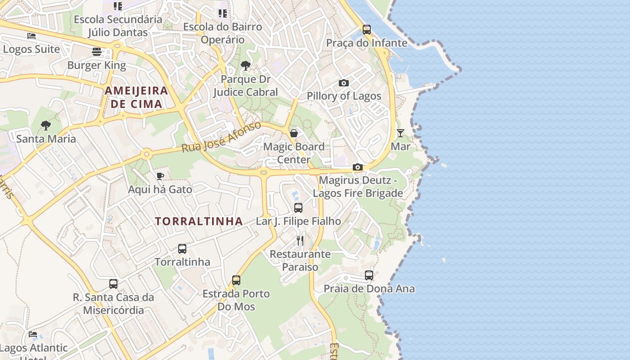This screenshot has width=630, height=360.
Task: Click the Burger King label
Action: pos(96,65)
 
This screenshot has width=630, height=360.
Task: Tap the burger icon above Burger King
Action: pos(96,52)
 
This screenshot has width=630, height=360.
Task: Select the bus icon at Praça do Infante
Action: pos(367,30)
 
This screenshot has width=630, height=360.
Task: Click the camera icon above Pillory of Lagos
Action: pos(343,83)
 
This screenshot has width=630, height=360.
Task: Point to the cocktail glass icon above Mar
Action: pos(400,133)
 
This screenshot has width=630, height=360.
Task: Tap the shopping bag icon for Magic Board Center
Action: pos(293,133)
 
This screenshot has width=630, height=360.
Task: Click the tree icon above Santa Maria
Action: pos(45,126)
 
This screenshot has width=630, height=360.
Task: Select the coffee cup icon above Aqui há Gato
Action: pos(160,176)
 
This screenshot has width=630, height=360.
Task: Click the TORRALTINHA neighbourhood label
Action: pos(199,221)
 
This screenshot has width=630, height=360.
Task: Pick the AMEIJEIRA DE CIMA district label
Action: pos(136,97)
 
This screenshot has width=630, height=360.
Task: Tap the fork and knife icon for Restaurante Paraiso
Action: pos(300,241)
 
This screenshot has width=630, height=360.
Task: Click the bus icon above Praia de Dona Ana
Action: pos(369,275)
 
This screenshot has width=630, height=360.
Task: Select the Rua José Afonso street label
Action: pos(221,137)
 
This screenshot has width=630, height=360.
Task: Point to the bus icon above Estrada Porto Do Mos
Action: pos(236,280)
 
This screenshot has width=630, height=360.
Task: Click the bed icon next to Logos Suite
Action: pos(31,36)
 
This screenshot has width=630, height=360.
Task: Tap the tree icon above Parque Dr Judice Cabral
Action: pos(245,66)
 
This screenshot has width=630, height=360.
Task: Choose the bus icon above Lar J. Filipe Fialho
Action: pos(298,208)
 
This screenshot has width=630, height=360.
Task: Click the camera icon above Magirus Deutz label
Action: pos(358,167)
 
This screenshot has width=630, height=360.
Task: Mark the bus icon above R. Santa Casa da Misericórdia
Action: pos(113,284)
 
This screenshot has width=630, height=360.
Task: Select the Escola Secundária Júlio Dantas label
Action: pos(118,26)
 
